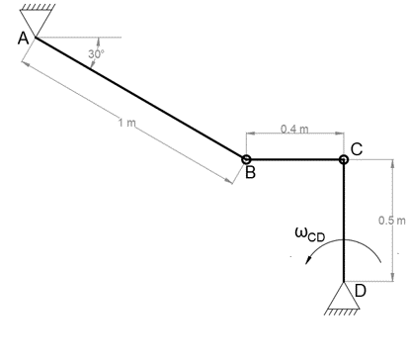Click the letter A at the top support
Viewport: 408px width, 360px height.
[x=23, y=39]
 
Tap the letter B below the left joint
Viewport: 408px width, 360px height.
[x=250, y=174]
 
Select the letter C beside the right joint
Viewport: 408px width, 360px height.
[x=357, y=148]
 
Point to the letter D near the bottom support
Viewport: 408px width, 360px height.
[x=360, y=290]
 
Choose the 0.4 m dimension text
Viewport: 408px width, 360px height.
[x=294, y=129]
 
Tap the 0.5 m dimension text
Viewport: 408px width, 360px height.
[x=392, y=219]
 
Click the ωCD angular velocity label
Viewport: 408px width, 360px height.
[x=309, y=234]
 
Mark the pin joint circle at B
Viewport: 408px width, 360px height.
[x=246, y=158]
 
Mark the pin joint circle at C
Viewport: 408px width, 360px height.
[x=343, y=158]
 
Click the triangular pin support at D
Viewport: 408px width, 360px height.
[x=343, y=294]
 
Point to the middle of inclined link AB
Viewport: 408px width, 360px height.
[x=141, y=98]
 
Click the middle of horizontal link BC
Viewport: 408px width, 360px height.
[x=294, y=158]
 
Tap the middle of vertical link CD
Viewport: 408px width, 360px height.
[x=343, y=220]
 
